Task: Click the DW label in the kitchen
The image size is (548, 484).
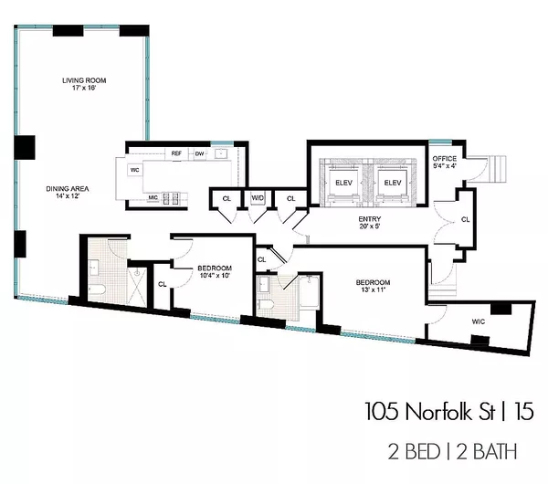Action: click(198, 153)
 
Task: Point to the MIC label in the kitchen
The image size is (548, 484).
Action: click(153, 196)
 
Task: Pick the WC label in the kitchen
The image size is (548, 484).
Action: click(134, 170)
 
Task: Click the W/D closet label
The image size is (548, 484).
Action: click(258, 196)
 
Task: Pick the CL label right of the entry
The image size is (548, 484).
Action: click(466, 219)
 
